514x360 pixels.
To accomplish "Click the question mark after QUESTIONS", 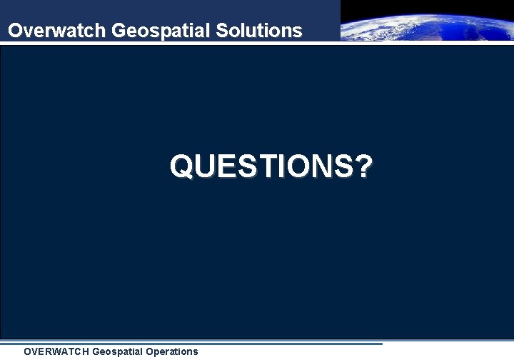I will tap(363, 166).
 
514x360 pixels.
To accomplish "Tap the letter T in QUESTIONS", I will tap(271, 166).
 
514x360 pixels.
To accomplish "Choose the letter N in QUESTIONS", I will tap(332, 166).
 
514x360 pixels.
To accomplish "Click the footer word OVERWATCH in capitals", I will tap(56, 351).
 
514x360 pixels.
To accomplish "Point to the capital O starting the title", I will tap(14, 31).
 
